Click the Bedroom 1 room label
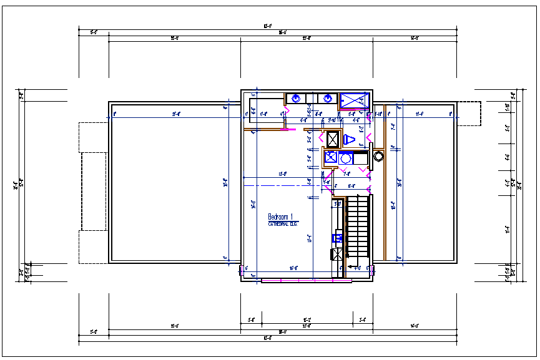click(x=280, y=216)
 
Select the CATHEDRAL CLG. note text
click(x=283, y=223)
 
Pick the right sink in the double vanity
click(x=327, y=98)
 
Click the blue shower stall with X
click(x=355, y=100)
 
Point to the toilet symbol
click(x=350, y=139)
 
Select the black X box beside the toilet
click(x=333, y=139)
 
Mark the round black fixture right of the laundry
click(x=378, y=156)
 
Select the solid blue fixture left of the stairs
click(x=337, y=238)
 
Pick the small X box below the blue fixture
click(x=337, y=254)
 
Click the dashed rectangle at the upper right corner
click(x=469, y=114)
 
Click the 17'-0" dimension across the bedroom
click(x=282, y=174)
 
